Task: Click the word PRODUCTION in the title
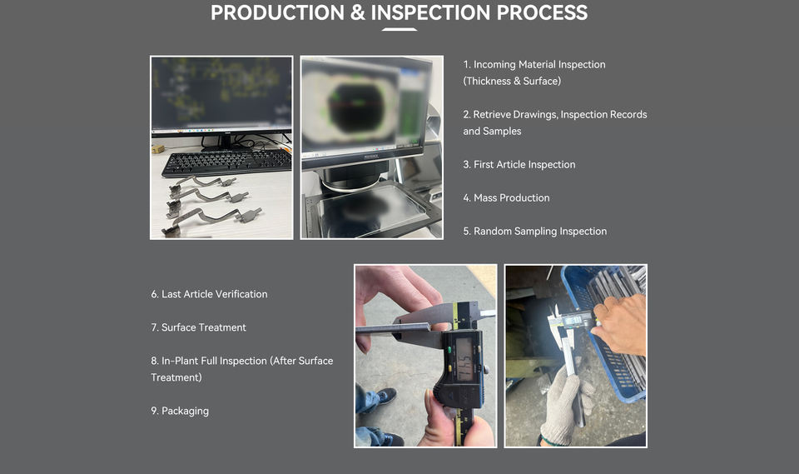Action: click(277, 12)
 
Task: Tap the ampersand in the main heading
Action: click(358, 12)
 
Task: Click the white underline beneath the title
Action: click(399, 30)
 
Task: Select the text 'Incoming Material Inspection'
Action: click(539, 64)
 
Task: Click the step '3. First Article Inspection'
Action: click(519, 164)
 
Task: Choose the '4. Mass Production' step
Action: click(507, 197)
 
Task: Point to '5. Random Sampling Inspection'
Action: click(535, 231)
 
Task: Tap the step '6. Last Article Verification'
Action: click(209, 294)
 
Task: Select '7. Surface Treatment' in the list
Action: click(198, 327)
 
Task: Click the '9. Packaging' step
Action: click(180, 411)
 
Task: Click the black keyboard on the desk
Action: click(226, 162)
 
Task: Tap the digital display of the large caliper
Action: click(464, 359)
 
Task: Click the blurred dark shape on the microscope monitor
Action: click(358, 107)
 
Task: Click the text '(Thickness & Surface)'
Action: click(512, 81)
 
